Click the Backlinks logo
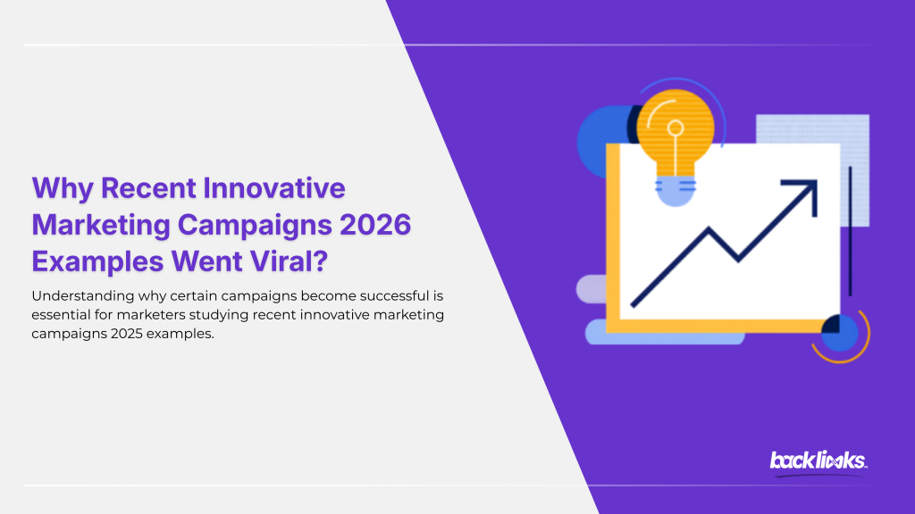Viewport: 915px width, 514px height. pyautogui.click(x=818, y=460)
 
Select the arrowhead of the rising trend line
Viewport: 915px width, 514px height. pyautogui.click(x=803, y=192)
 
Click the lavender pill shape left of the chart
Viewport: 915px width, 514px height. pyautogui.click(x=592, y=288)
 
